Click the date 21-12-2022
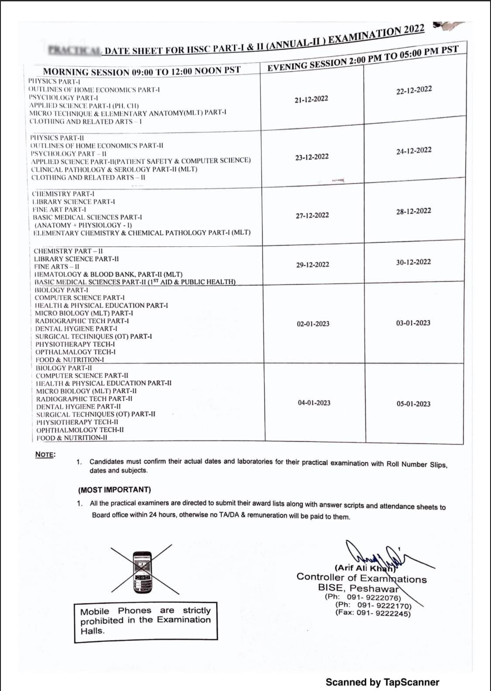[311, 99]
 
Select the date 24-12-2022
[414, 151]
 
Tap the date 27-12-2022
[312, 215]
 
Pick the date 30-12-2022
[413, 262]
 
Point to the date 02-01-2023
[313, 324]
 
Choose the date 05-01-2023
[413, 404]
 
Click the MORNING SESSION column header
[141, 71]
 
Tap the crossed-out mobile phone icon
[141, 570]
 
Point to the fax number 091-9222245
[373, 613]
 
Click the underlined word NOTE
[45, 454]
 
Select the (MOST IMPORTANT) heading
[114, 490]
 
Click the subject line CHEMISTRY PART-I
[63, 194]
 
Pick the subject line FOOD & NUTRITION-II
[72, 438]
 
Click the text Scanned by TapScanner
[382, 682]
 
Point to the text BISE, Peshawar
[358, 588]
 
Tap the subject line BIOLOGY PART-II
[64, 368]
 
